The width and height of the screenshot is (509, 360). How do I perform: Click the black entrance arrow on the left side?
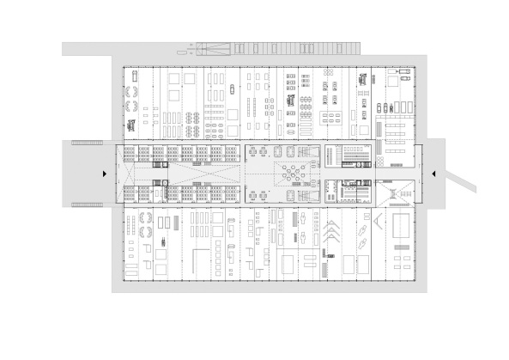point(104,174)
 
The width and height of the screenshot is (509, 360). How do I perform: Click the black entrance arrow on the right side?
point(435,174)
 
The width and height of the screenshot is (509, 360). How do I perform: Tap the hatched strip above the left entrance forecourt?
point(87,142)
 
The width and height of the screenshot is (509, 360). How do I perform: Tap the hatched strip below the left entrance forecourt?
point(87,204)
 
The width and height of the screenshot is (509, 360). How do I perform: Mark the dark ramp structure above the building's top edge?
point(275,48)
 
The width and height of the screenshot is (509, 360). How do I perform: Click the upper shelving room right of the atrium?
point(354,156)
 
